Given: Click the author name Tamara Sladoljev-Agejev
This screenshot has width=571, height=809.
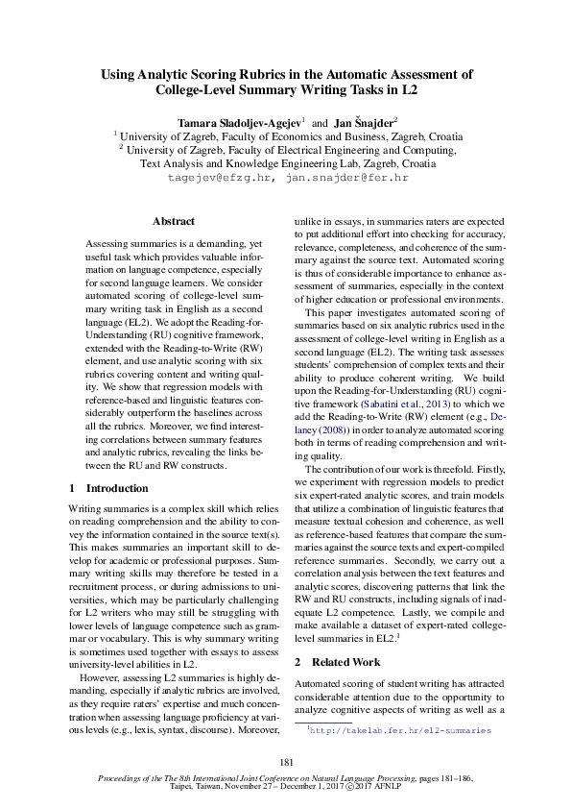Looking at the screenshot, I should click(239, 123).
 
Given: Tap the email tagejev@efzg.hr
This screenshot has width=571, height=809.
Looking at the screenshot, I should click(220, 178).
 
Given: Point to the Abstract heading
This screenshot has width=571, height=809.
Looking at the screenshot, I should click(174, 221).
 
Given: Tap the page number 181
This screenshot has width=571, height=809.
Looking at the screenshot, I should click(285, 762).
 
